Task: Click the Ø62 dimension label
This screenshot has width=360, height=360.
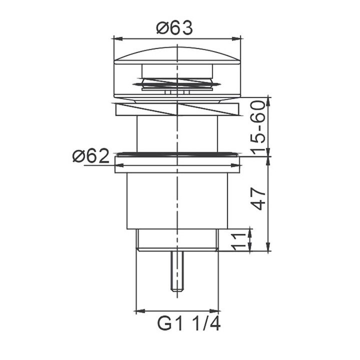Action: (90, 157)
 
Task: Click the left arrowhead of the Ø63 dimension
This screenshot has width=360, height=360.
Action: (117, 37)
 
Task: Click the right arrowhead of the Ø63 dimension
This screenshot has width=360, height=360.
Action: (238, 37)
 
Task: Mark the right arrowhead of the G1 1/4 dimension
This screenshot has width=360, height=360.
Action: (216, 310)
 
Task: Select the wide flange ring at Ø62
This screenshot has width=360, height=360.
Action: (177, 164)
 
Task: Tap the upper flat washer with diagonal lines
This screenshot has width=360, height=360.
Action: (177, 109)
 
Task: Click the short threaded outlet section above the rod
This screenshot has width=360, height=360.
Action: (177, 240)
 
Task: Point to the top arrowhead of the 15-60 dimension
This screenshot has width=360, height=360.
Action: (269, 99)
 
